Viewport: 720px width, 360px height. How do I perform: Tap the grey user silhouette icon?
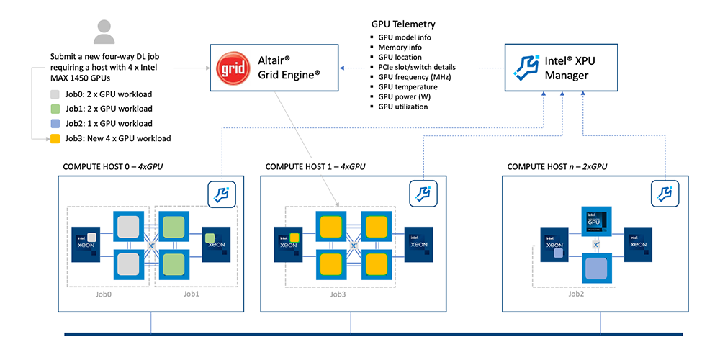tap(105, 32)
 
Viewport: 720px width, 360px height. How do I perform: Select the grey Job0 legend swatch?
tap(55, 94)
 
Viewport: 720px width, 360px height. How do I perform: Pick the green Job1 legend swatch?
tap(55, 109)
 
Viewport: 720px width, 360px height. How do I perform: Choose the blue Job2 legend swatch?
tap(55, 123)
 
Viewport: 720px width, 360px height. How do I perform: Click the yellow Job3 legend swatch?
tap(55, 138)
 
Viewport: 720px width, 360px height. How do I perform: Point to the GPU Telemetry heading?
tap(403, 24)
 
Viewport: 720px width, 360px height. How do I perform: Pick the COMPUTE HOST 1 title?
tap(315, 167)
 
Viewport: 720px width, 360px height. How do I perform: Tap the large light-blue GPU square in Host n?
tap(595, 269)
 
